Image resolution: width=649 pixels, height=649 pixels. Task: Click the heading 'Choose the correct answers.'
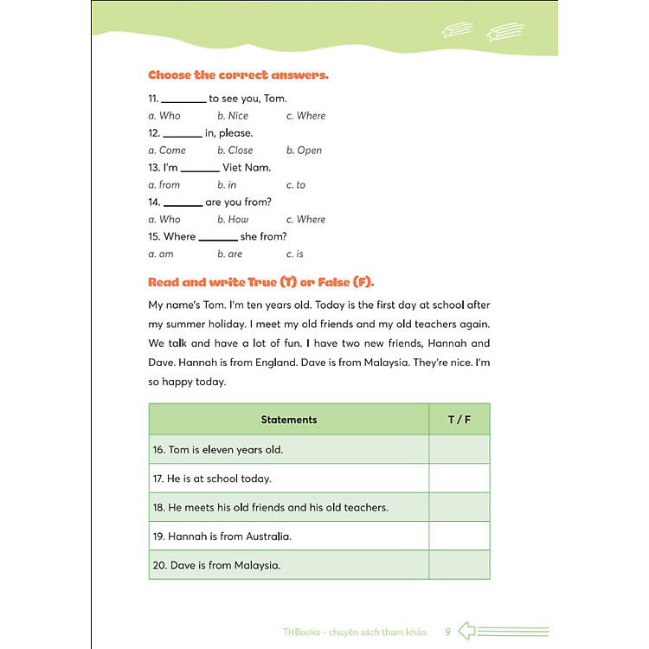click(x=238, y=75)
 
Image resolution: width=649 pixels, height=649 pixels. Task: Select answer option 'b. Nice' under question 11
click(x=232, y=116)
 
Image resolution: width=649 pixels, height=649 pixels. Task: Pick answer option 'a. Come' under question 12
click(x=167, y=151)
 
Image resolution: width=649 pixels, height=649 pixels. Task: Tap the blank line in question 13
click(x=200, y=170)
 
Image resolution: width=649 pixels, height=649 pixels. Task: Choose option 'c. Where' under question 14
click(x=305, y=220)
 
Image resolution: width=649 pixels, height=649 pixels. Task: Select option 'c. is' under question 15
click(x=295, y=254)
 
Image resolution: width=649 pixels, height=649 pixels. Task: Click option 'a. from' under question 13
click(x=164, y=185)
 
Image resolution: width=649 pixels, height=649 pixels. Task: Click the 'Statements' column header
click(x=289, y=420)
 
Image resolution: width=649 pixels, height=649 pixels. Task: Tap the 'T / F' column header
click(x=459, y=420)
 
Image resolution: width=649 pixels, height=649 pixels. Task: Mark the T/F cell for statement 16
click(x=459, y=450)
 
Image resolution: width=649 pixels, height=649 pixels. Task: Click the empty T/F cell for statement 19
click(x=459, y=537)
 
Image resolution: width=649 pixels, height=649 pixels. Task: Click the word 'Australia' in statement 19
click(x=267, y=537)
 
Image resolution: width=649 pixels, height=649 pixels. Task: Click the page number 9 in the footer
click(x=447, y=632)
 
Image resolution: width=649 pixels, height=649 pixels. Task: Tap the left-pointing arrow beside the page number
click(x=467, y=631)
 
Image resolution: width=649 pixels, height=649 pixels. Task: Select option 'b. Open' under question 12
click(x=304, y=151)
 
